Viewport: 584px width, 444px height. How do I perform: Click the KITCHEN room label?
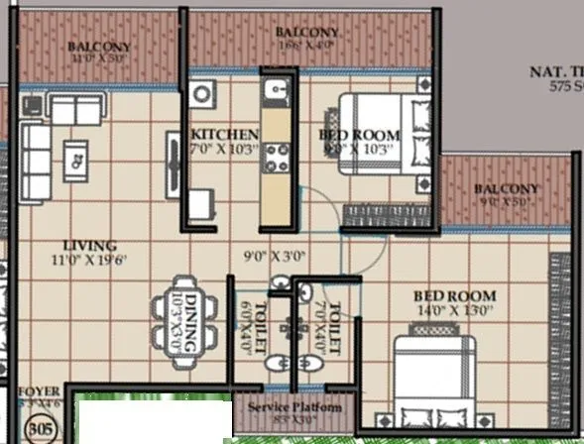[225, 135]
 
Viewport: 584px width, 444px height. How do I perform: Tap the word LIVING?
[90, 246]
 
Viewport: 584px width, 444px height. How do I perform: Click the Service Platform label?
[294, 408]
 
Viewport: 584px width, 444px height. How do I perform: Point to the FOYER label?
[37, 392]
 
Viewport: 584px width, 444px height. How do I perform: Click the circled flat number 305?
[41, 429]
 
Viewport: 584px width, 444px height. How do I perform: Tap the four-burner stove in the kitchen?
[276, 157]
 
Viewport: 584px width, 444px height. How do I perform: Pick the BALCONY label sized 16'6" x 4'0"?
[306, 33]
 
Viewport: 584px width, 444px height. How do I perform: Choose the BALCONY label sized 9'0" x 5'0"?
[506, 188]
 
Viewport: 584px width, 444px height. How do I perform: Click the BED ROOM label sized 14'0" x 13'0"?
[455, 296]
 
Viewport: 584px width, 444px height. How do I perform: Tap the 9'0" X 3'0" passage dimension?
[277, 256]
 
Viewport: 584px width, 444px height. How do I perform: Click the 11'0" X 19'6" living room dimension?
[90, 260]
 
